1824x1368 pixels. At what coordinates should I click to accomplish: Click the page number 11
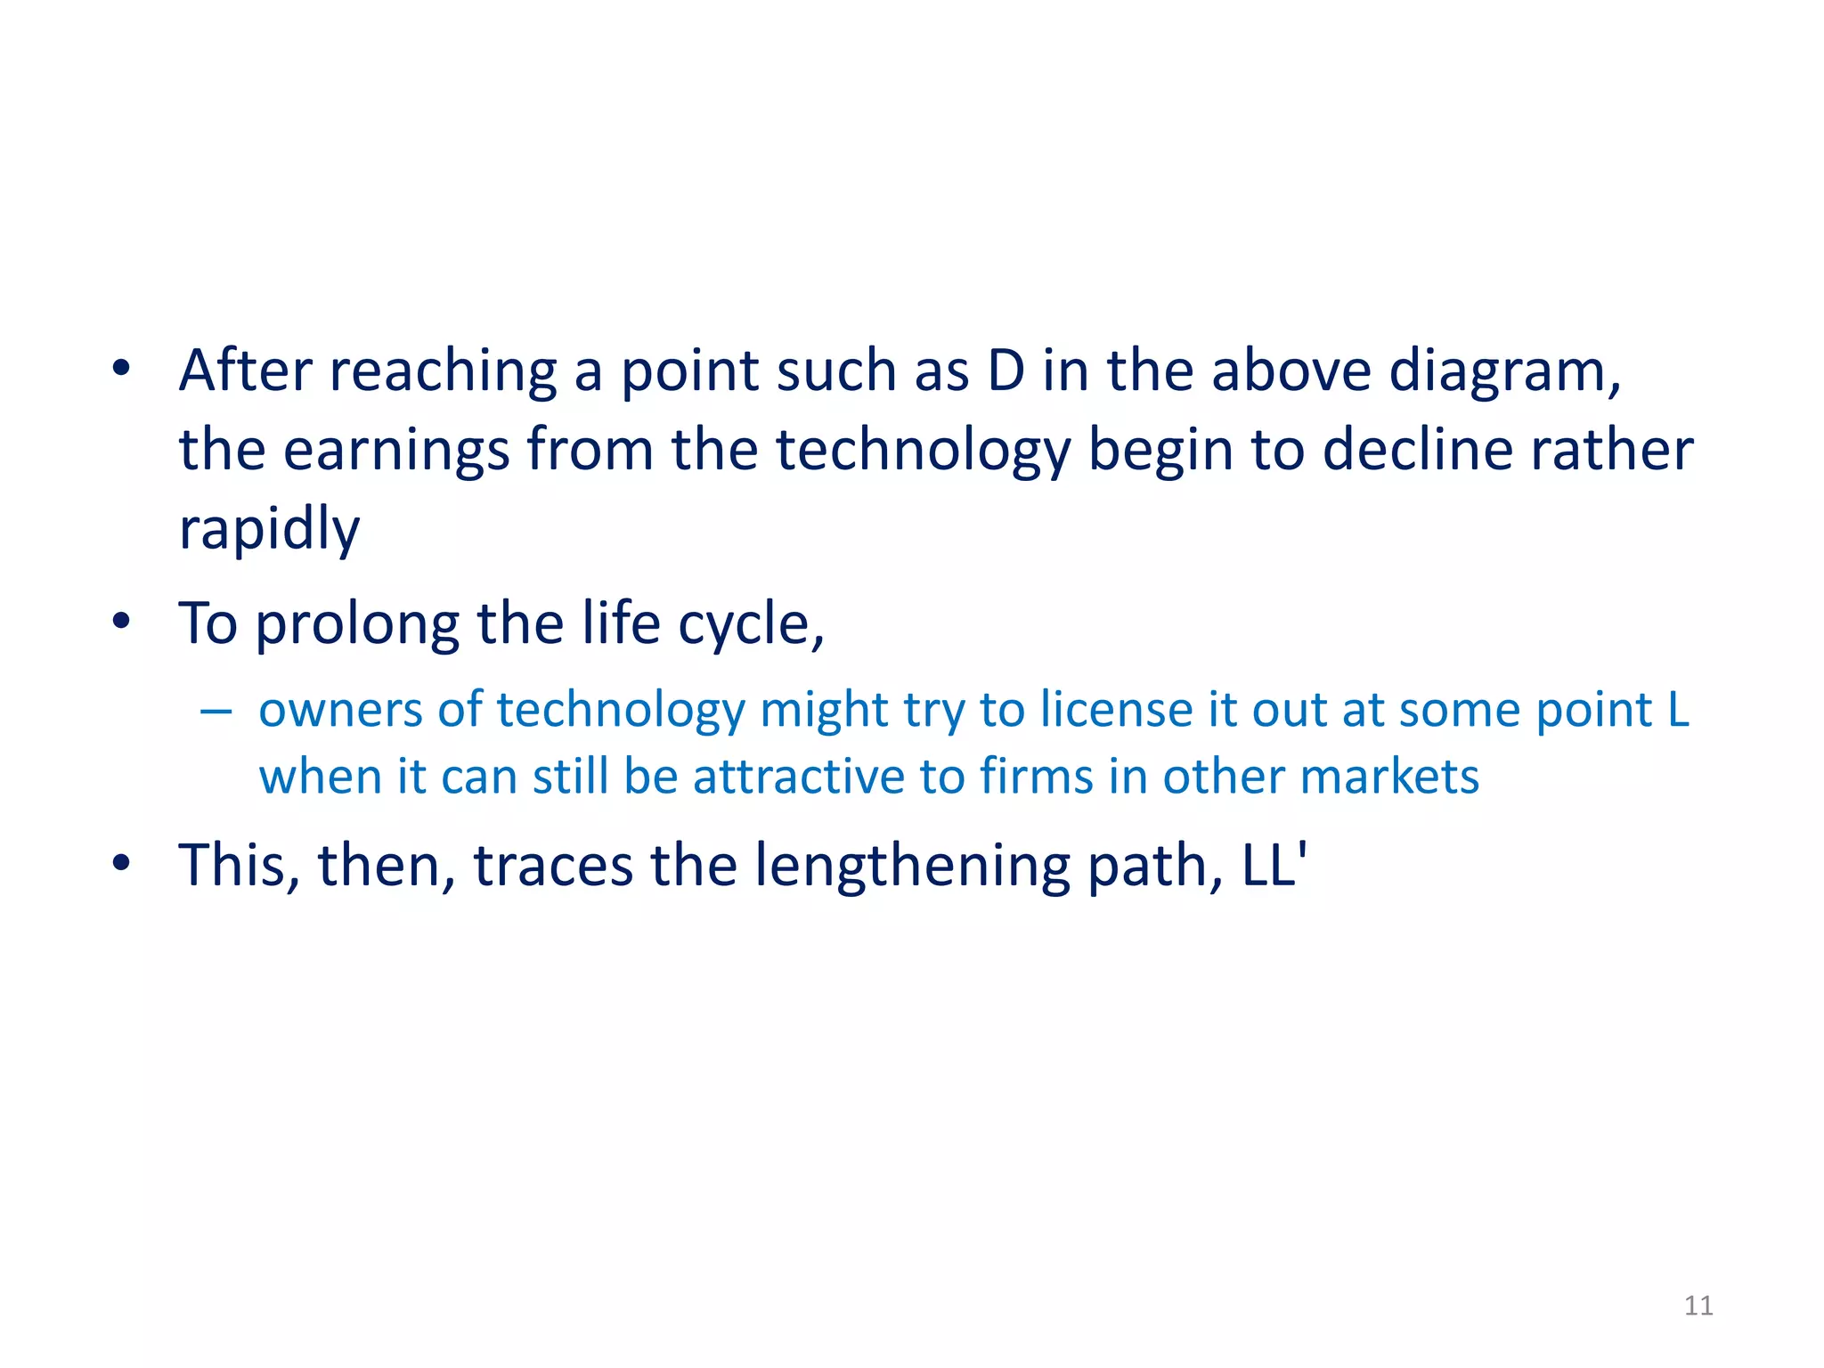click(1698, 1306)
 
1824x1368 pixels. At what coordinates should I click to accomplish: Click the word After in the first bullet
click(245, 370)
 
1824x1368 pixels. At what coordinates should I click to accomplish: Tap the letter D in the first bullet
click(1006, 370)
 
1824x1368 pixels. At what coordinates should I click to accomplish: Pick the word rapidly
click(269, 529)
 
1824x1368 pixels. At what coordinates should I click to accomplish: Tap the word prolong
click(357, 624)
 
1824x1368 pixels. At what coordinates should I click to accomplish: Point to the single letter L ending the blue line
click(1678, 711)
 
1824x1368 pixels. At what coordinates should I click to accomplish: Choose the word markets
click(1388, 777)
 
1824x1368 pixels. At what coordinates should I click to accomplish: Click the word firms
click(1036, 777)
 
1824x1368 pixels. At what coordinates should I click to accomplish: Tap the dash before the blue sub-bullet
click(216, 712)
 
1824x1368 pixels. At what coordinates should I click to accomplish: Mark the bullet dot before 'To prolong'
click(122, 622)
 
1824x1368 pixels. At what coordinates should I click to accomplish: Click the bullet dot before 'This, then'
click(122, 863)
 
